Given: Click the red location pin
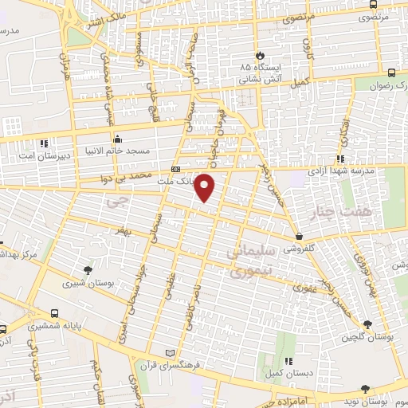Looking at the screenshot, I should (206, 188).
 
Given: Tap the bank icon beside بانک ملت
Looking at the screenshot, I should (175, 170).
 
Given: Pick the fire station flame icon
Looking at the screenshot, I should (260, 54).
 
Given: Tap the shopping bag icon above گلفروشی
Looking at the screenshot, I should (298, 236).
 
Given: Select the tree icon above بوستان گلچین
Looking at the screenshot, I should (367, 324).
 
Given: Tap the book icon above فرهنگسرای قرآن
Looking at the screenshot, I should (167, 352).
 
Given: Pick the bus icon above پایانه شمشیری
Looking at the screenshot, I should (53, 314).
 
